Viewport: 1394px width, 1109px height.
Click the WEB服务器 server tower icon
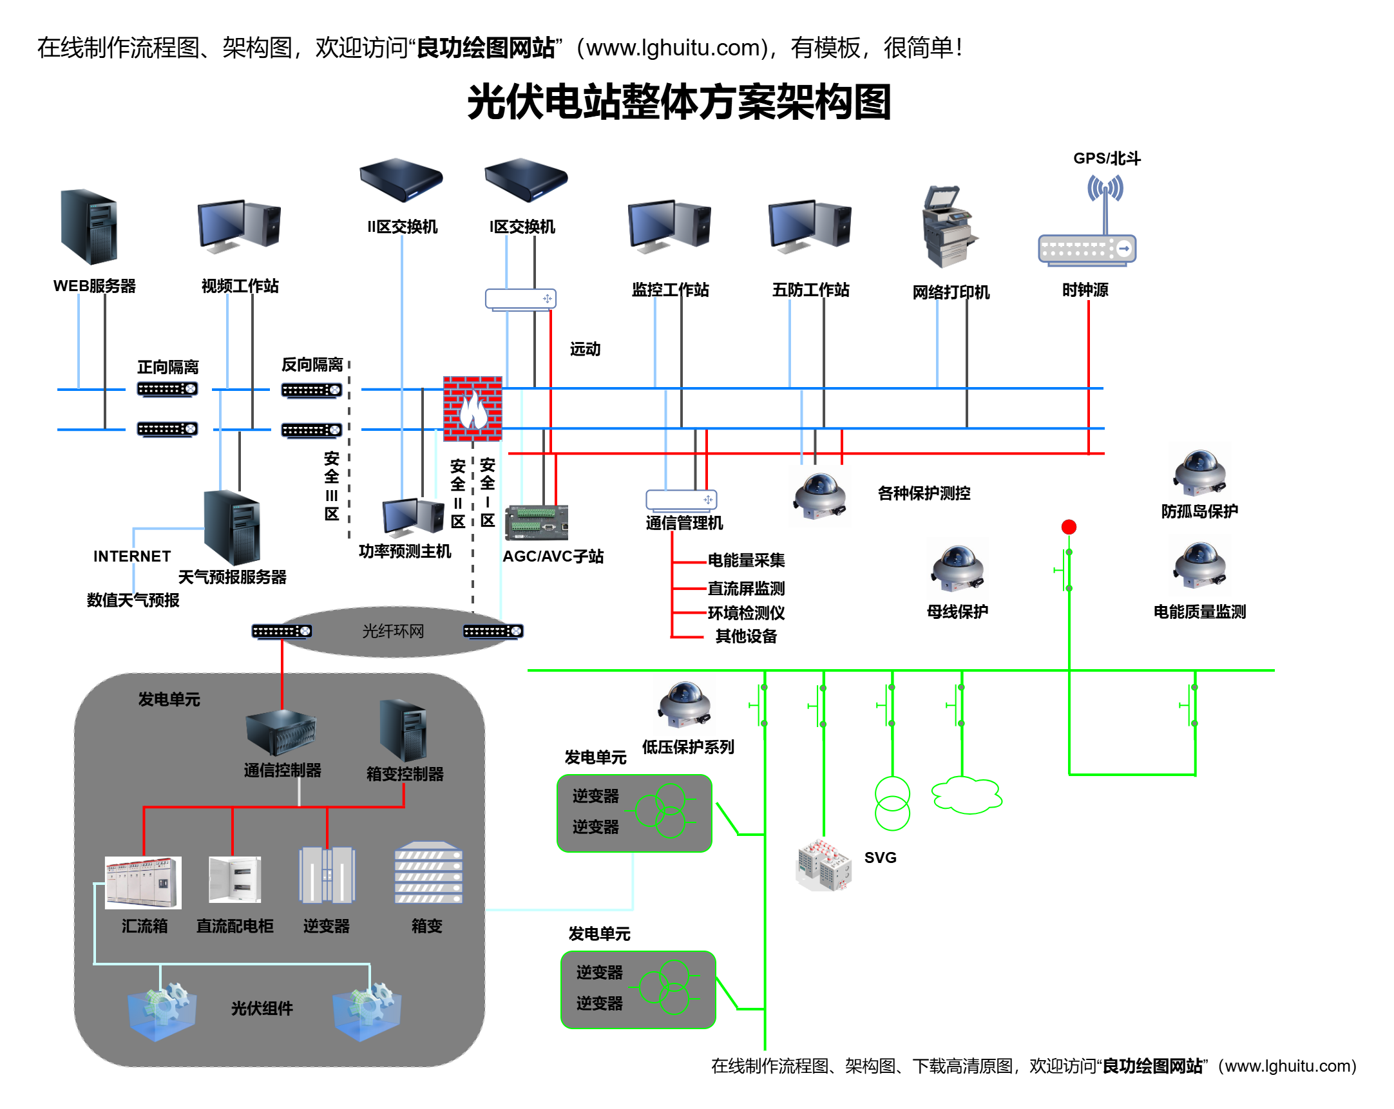click(89, 226)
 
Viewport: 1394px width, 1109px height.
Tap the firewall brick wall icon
click(472, 408)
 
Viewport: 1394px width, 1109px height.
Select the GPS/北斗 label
click(1106, 158)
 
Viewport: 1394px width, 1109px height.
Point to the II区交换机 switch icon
click(401, 180)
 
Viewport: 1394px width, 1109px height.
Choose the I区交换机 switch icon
click(526, 180)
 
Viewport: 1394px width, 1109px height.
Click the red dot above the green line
click(1069, 527)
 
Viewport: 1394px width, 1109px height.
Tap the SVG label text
click(880, 857)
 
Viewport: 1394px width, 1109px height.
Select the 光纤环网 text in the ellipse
click(392, 630)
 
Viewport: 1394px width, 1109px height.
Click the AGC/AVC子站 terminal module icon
click(537, 522)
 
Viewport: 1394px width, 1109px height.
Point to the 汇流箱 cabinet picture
click(143, 882)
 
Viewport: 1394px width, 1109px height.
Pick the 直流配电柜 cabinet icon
click(234, 879)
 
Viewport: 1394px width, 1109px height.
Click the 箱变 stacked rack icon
click(428, 872)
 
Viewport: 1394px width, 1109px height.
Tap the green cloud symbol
click(967, 794)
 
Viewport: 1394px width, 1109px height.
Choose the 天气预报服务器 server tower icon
click(232, 527)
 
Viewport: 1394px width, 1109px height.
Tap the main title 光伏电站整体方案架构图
click(679, 102)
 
